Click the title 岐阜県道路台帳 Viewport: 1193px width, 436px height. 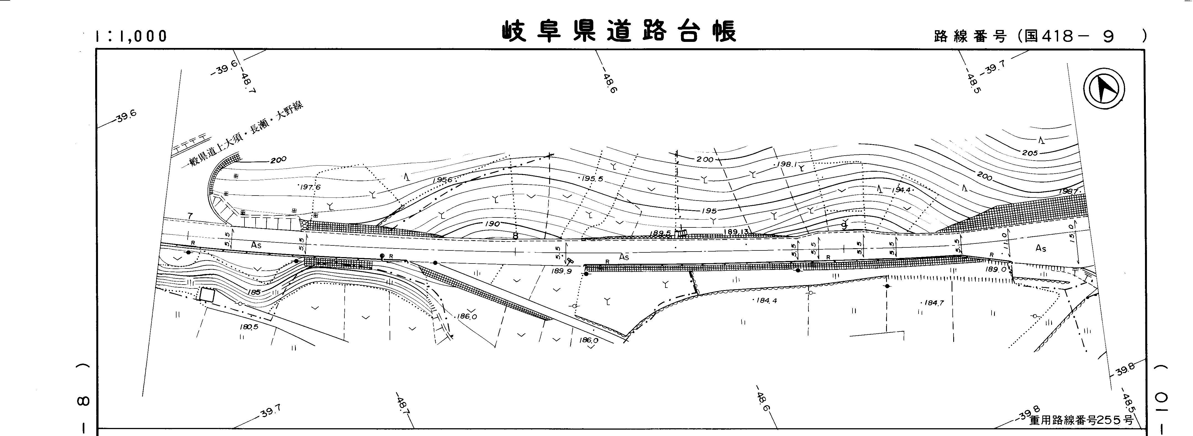[x=619, y=31]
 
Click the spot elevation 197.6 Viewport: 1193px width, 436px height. [x=310, y=187]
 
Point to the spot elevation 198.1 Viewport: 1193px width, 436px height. [x=786, y=164]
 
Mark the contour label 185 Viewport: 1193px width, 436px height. [x=254, y=292]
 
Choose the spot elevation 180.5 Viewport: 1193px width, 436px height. [x=249, y=327]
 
